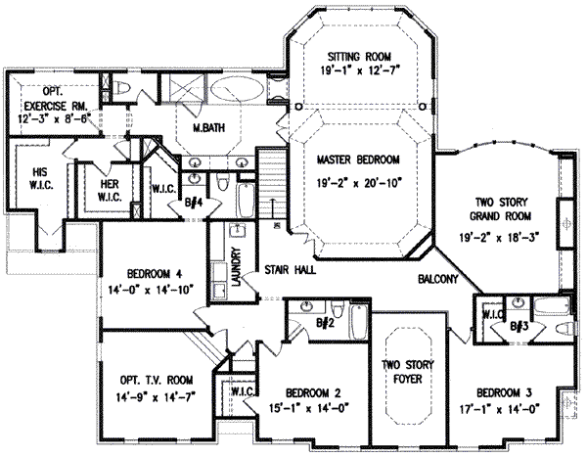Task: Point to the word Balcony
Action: coord(437,280)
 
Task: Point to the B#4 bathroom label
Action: coord(193,204)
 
